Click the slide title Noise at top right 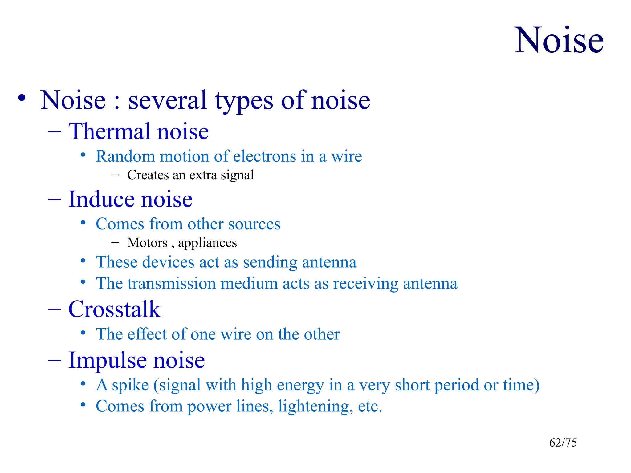pyautogui.click(x=559, y=41)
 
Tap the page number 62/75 pyautogui.click(x=563, y=443)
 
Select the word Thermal pyautogui.click(x=109, y=131)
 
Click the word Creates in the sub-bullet pyautogui.click(x=148, y=175)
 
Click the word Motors pyautogui.click(x=147, y=243)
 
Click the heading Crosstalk pyautogui.click(x=114, y=309)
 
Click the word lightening pyautogui.click(x=315, y=406)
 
